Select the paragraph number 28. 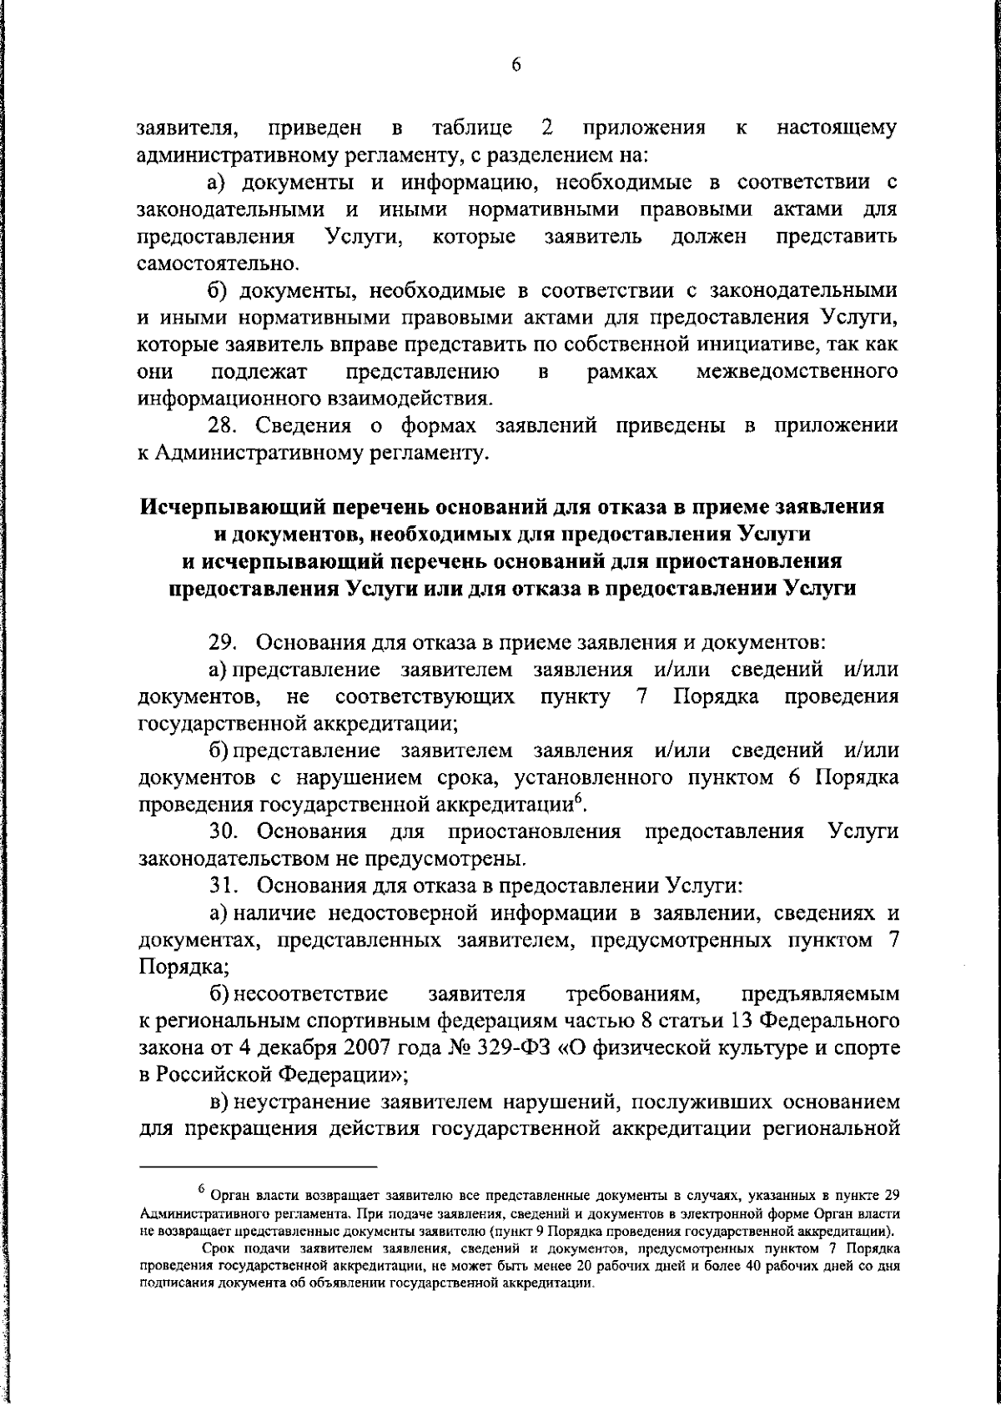click(224, 426)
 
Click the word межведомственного click(797, 371)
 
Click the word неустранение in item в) click(302, 1102)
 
